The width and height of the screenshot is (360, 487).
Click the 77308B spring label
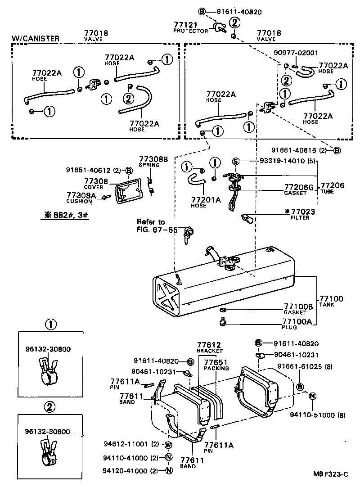coord(153,159)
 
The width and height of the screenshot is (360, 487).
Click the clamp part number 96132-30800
coord(48,348)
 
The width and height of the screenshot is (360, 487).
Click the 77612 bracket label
coord(209,347)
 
